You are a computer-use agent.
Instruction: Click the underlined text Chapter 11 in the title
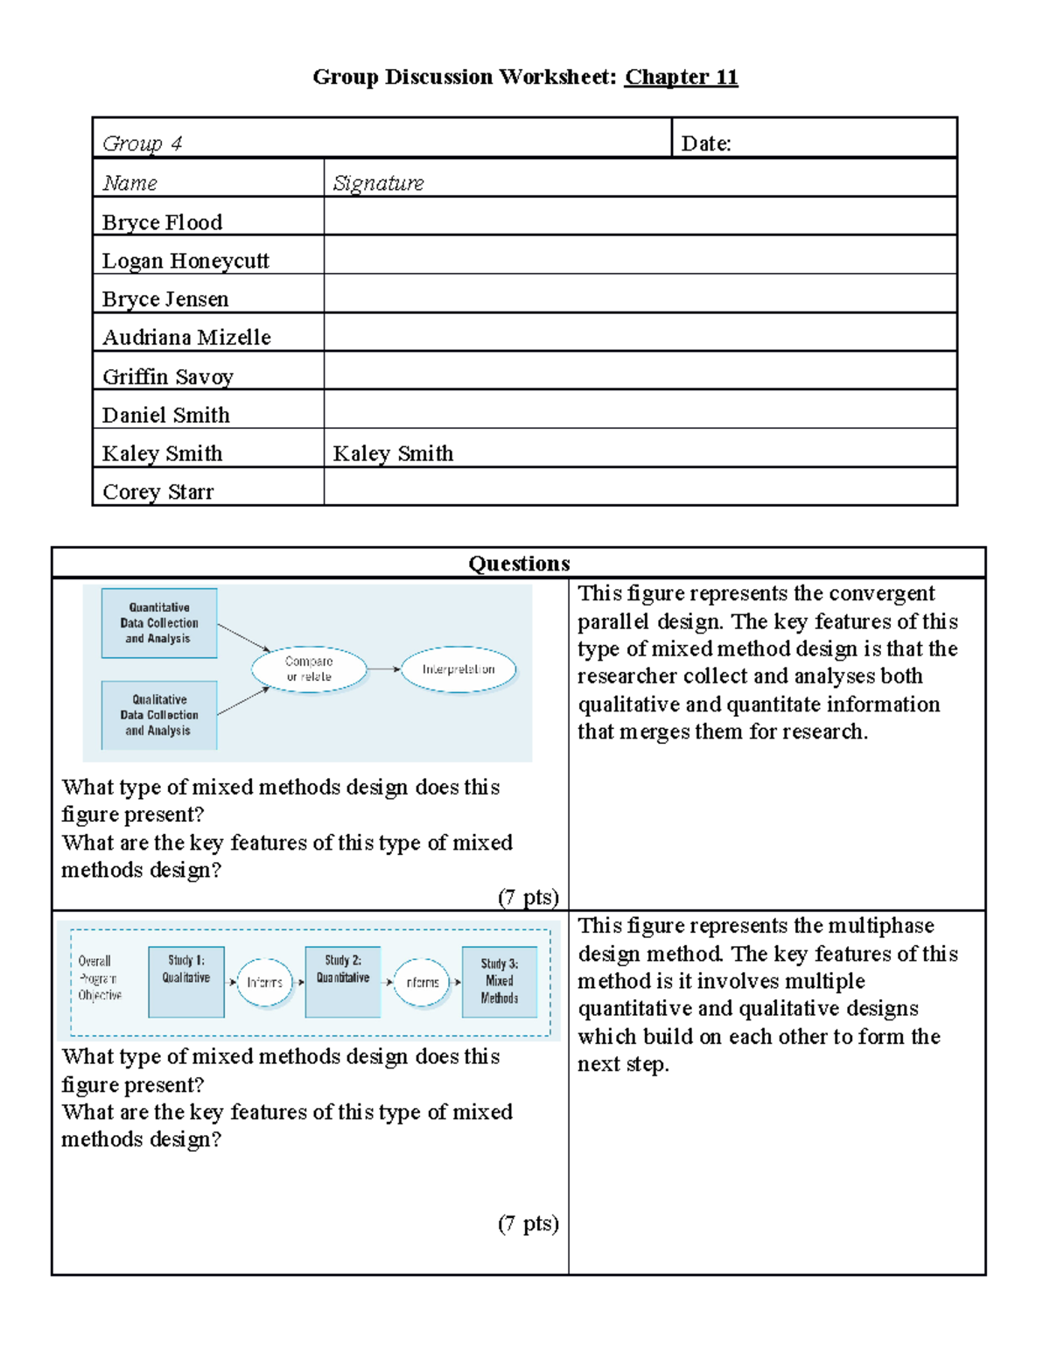click(681, 77)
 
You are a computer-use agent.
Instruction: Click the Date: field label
click(706, 144)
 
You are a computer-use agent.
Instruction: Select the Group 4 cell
click(143, 144)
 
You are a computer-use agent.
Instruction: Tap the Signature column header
click(378, 183)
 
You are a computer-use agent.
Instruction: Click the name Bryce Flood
click(162, 222)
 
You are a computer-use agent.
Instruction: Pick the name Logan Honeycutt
click(185, 261)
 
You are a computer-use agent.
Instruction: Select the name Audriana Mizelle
click(186, 338)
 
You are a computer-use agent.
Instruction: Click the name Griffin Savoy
click(168, 376)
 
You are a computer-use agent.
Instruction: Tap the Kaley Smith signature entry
click(393, 453)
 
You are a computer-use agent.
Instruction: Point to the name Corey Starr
click(157, 492)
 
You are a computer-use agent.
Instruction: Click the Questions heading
click(519, 564)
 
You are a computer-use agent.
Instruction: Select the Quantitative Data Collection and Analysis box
click(159, 623)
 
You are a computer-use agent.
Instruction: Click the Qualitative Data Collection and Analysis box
click(159, 715)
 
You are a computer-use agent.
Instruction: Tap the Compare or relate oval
click(310, 669)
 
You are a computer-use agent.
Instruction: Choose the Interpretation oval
click(458, 669)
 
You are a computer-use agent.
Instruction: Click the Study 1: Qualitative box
click(186, 981)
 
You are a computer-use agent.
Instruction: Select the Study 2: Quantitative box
click(343, 981)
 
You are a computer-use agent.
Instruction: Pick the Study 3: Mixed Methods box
click(500, 981)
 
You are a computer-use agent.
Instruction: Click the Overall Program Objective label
click(99, 978)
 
